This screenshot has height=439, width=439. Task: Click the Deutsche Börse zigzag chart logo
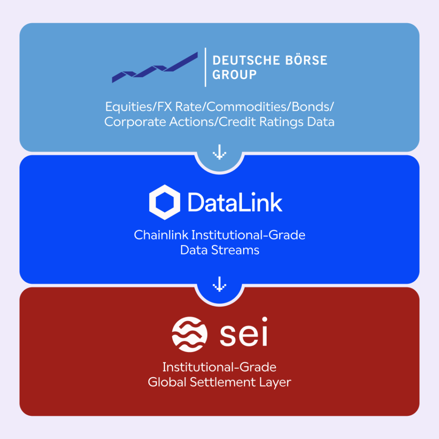[x=155, y=68]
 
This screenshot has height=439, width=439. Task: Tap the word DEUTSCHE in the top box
[x=240, y=60]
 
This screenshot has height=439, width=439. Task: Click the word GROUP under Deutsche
[x=235, y=74]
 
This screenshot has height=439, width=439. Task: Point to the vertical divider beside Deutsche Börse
[x=205, y=67]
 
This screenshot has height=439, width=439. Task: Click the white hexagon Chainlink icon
[x=165, y=202]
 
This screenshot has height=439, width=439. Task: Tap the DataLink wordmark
[x=235, y=202]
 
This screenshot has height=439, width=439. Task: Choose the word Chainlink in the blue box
[x=161, y=235]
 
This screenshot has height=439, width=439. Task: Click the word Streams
[x=239, y=250]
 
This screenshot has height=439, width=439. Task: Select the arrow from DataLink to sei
[x=219, y=283]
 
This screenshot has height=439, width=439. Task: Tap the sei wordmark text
[x=244, y=333]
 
